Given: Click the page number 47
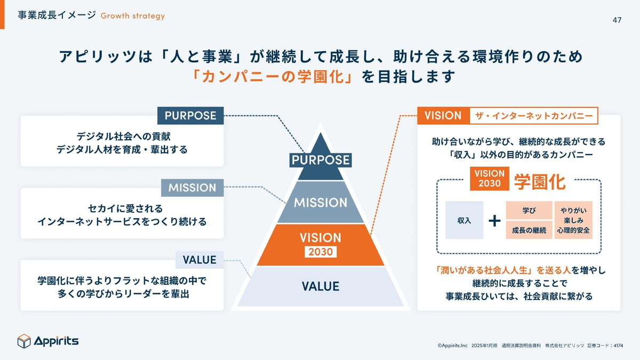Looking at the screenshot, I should tap(617, 20).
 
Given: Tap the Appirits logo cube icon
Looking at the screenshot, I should tap(25, 341).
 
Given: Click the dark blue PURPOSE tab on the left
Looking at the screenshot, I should tap(190, 116).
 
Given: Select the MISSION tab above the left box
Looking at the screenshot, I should tap(192, 188).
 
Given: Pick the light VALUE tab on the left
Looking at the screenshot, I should tap(199, 260).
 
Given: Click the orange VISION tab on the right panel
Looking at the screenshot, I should tap(443, 116).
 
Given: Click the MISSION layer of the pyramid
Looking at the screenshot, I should tap(320, 203).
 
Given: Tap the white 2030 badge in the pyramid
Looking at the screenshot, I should tap(320, 252).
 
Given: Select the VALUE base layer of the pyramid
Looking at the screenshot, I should tap(320, 286).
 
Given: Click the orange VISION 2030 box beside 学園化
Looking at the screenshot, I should tap(489, 179).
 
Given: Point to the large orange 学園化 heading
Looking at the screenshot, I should tap(539, 181).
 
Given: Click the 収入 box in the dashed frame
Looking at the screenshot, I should tap(464, 220).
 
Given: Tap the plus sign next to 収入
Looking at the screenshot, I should tap(494, 220).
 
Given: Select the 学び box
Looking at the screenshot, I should tap(529, 210).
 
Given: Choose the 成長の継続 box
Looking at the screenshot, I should tap(529, 230).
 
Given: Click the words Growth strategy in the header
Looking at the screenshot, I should tap(132, 16).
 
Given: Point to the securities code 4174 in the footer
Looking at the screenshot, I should tap(618, 346).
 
